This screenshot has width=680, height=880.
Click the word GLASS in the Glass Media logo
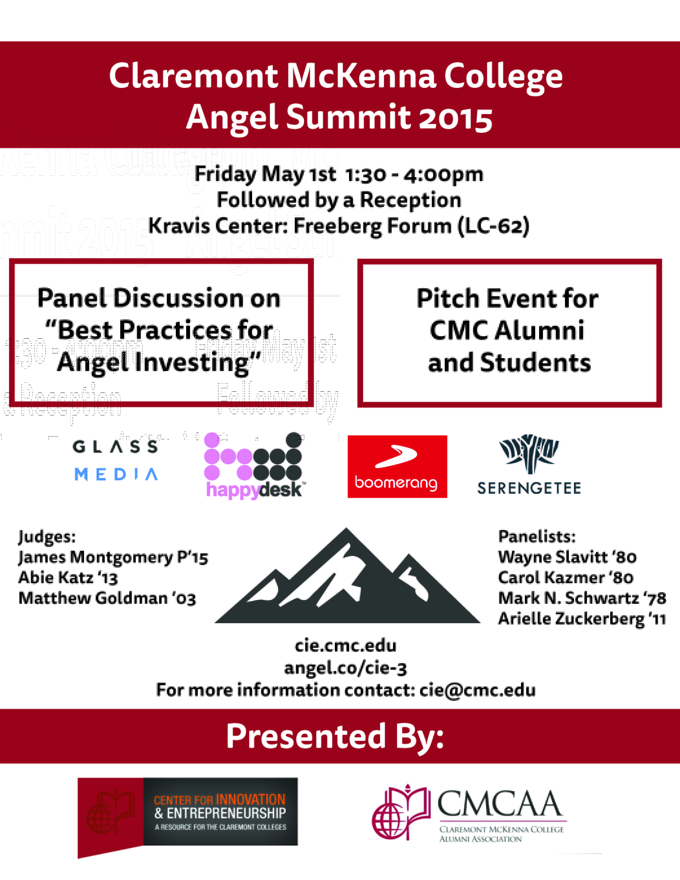point(115,446)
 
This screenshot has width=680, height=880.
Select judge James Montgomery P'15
point(113,557)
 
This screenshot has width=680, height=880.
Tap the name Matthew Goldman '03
point(107,598)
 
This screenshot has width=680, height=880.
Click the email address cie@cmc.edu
point(477,690)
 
